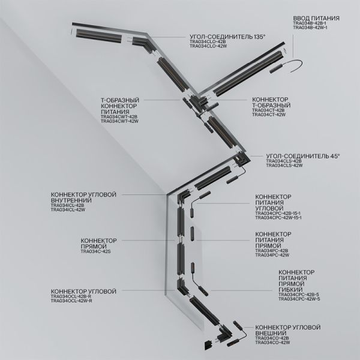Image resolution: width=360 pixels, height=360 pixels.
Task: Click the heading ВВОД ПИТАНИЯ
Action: click(x=316, y=19)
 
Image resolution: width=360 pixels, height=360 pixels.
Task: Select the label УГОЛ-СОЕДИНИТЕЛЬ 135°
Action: click(x=227, y=37)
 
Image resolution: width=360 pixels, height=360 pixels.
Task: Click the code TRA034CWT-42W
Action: click(x=119, y=121)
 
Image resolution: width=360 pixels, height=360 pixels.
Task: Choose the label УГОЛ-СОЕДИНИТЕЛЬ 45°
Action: click(x=302, y=155)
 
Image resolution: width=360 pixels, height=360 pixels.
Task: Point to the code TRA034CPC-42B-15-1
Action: click(x=278, y=213)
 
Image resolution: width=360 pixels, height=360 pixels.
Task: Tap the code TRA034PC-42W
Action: click(x=272, y=255)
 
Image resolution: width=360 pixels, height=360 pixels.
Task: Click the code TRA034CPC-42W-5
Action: click(x=300, y=299)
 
